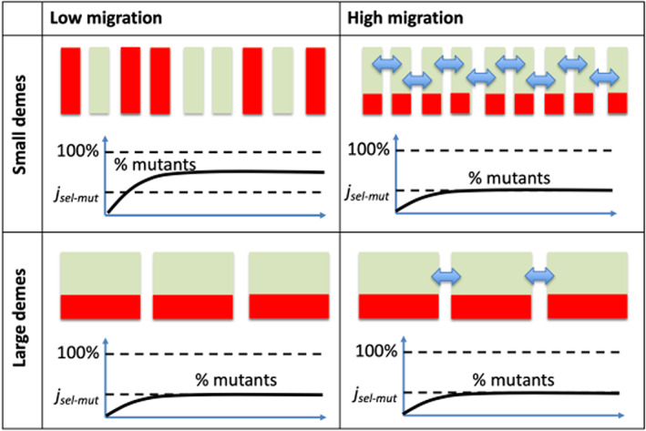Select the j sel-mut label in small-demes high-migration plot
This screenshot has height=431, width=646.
tap(369, 191)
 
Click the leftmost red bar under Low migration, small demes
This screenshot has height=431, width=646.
tap(73, 87)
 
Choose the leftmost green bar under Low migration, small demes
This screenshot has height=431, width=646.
tap(102, 87)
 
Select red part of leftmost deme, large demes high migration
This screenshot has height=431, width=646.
tap(397, 309)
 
